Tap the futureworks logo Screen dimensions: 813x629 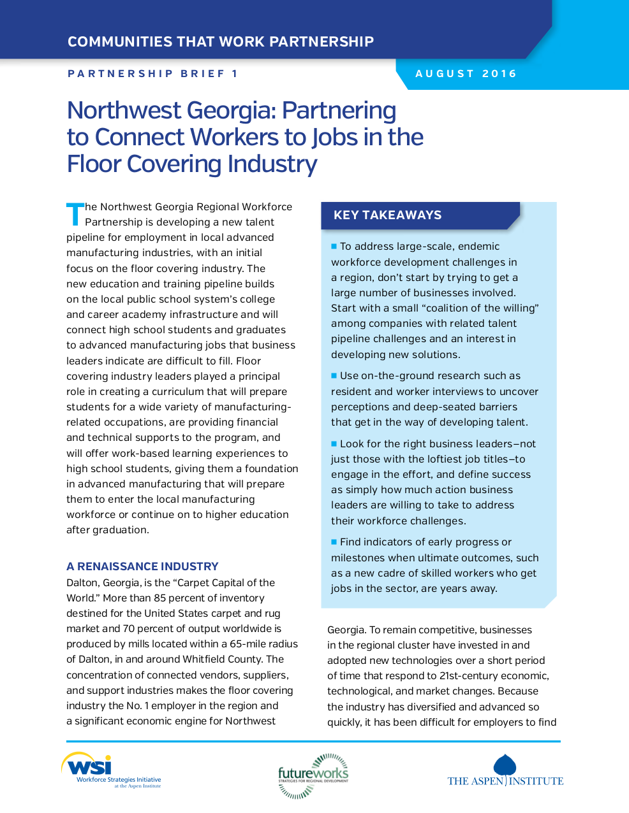pos(313,775)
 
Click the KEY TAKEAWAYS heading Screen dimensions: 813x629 pos(387,215)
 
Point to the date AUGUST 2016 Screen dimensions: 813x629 pos(466,74)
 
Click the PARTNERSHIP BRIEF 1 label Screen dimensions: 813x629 pos(153,74)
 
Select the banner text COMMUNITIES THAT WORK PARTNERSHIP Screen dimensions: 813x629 pos(221,42)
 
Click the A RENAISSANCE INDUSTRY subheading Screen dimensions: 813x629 pos(142,566)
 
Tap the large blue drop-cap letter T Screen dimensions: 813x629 pos(75,214)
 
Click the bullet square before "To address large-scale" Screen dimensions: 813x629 pos(334,246)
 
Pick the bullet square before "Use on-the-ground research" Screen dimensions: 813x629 pos(334,375)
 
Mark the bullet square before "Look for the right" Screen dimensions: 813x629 pos(334,443)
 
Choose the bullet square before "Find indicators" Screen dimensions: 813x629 pos(334,542)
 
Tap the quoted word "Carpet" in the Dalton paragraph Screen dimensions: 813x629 pos(196,583)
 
